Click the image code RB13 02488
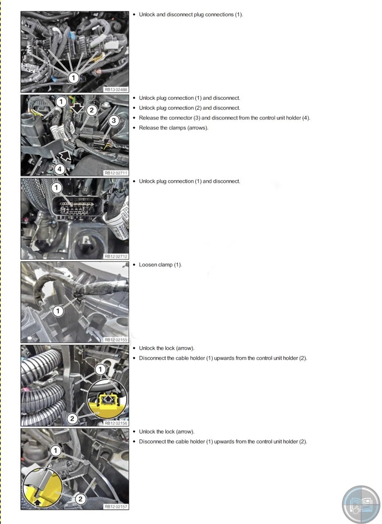pyautogui.click(x=116, y=90)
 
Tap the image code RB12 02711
pyautogui.click(x=116, y=172)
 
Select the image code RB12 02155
pyautogui.click(x=116, y=340)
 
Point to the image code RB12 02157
pyautogui.click(x=116, y=506)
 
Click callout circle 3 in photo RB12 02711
pyautogui.click(x=114, y=120)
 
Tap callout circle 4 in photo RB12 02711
pyautogui.click(x=59, y=169)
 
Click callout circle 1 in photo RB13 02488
pyautogui.click(x=73, y=78)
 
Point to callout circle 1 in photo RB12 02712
pyautogui.click(x=56, y=188)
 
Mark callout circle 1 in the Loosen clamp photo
pyautogui.click(x=58, y=311)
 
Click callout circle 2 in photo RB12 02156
pyautogui.click(x=73, y=419)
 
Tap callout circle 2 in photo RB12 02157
pyautogui.click(x=80, y=498)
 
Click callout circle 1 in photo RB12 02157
pyautogui.click(x=55, y=450)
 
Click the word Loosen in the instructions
pyautogui.click(x=148, y=265)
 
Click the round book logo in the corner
pyautogui.click(x=360, y=503)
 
